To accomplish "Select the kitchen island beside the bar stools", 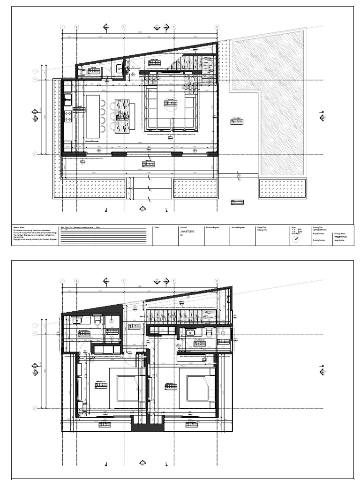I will (93, 116).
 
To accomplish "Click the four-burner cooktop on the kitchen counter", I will (67, 112).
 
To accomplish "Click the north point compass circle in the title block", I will (295, 239).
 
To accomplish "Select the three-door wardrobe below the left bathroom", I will (106, 349).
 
